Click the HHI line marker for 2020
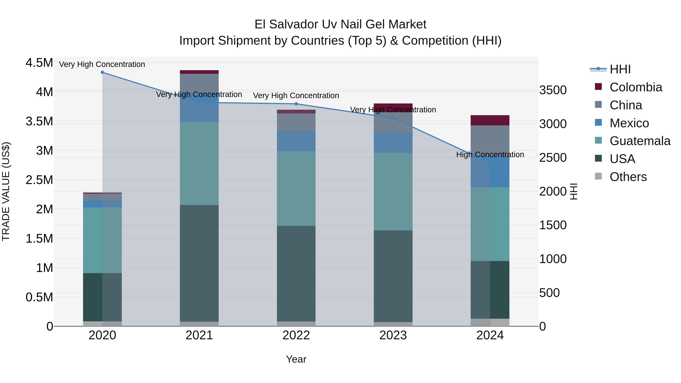(102, 72)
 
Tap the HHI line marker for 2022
(296, 104)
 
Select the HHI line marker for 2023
(393, 118)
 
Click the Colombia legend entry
(636, 87)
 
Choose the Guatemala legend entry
(640, 141)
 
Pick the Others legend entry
(628, 177)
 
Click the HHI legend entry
(620, 69)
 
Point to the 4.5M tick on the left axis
(39, 63)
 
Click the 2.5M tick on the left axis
(39, 180)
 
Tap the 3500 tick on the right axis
(553, 90)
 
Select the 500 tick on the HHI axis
(549, 293)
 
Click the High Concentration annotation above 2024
(490, 155)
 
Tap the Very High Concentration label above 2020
(102, 64)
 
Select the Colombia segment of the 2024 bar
(490, 120)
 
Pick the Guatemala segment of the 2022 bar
(296, 188)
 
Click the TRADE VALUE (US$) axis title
(6, 191)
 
